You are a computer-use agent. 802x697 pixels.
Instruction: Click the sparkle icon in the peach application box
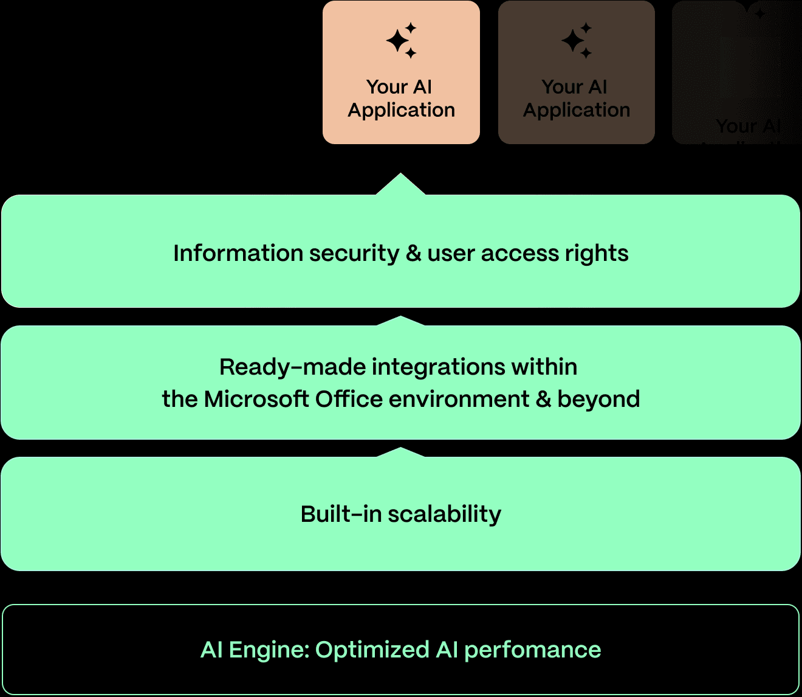click(x=401, y=40)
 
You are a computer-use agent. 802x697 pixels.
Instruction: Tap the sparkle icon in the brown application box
click(x=576, y=40)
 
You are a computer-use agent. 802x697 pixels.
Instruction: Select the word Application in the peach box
click(x=401, y=110)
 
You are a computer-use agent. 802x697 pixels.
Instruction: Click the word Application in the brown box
click(x=576, y=110)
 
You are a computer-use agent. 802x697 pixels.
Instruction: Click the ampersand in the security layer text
click(x=413, y=253)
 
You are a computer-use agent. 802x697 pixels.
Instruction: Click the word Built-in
click(x=340, y=514)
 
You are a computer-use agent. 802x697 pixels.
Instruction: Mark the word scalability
click(x=445, y=514)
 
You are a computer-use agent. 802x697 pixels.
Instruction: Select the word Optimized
click(x=372, y=650)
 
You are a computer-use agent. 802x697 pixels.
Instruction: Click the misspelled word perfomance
click(x=532, y=650)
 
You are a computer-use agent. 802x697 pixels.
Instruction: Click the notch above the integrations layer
click(x=401, y=321)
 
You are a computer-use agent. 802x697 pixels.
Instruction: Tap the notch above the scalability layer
click(x=401, y=452)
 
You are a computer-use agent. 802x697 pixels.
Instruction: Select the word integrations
click(x=438, y=367)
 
